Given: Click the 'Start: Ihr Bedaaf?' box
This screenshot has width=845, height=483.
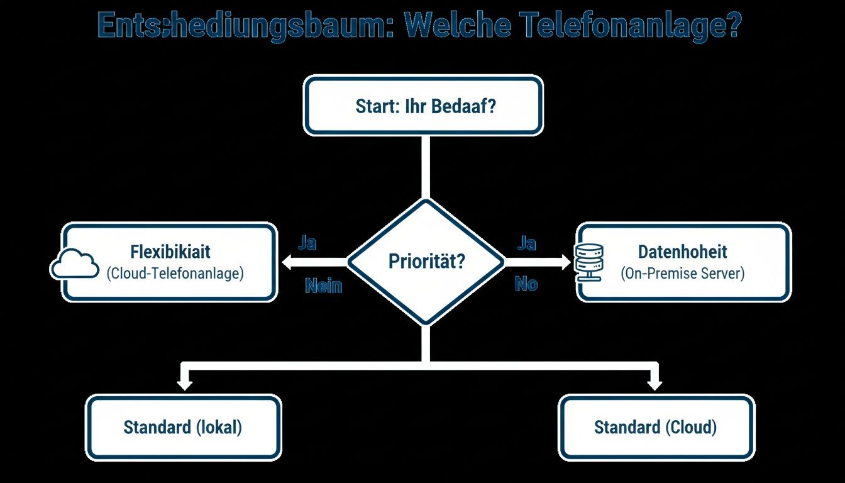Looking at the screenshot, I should pyautogui.click(x=423, y=105).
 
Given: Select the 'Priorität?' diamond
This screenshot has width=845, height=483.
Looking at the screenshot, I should pyautogui.click(x=426, y=261).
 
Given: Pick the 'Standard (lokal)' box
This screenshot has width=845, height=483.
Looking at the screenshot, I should pyautogui.click(x=183, y=428).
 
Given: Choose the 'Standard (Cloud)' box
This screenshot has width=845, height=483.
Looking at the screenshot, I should pyautogui.click(x=656, y=428).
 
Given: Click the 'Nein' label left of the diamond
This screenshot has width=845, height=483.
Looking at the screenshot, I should pyautogui.click(x=323, y=286).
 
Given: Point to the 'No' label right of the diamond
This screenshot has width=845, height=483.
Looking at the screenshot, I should pyautogui.click(x=526, y=284).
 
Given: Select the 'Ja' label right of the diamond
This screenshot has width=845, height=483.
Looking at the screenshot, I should pyautogui.click(x=526, y=243).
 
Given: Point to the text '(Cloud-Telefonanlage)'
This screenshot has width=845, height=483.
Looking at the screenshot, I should pyautogui.click(x=175, y=274).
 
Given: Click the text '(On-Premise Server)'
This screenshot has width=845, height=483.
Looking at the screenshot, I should pyautogui.click(x=682, y=274).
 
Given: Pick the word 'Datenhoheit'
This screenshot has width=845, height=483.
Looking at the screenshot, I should pyautogui.click(x=682, y=252).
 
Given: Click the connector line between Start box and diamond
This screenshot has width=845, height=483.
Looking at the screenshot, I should pyautogui.click(x=426, y=167).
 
